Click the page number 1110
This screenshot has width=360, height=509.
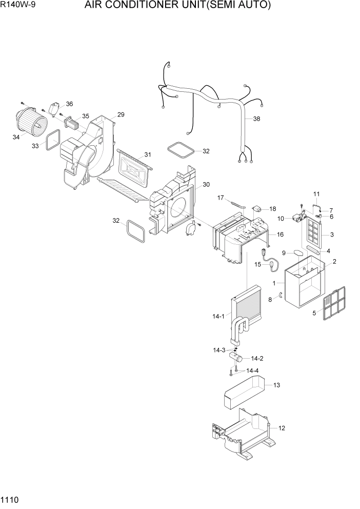click(x=10, y=499)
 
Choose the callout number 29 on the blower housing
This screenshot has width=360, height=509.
click(x=121, y=114)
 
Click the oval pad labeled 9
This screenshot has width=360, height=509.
click(x=297, y=252)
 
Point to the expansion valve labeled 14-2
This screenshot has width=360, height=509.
click(x=238, y=358)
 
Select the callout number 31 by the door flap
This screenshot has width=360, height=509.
click(x=148, y=155)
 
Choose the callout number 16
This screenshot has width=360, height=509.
click(x=280, y=234)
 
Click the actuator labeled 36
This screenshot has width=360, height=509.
click(x=54, y=108)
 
